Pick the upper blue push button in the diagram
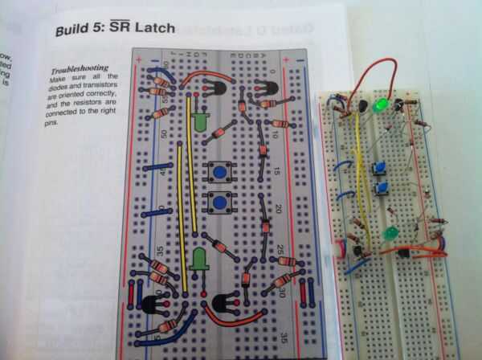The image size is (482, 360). pyautogui.click(x=219, y=170)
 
